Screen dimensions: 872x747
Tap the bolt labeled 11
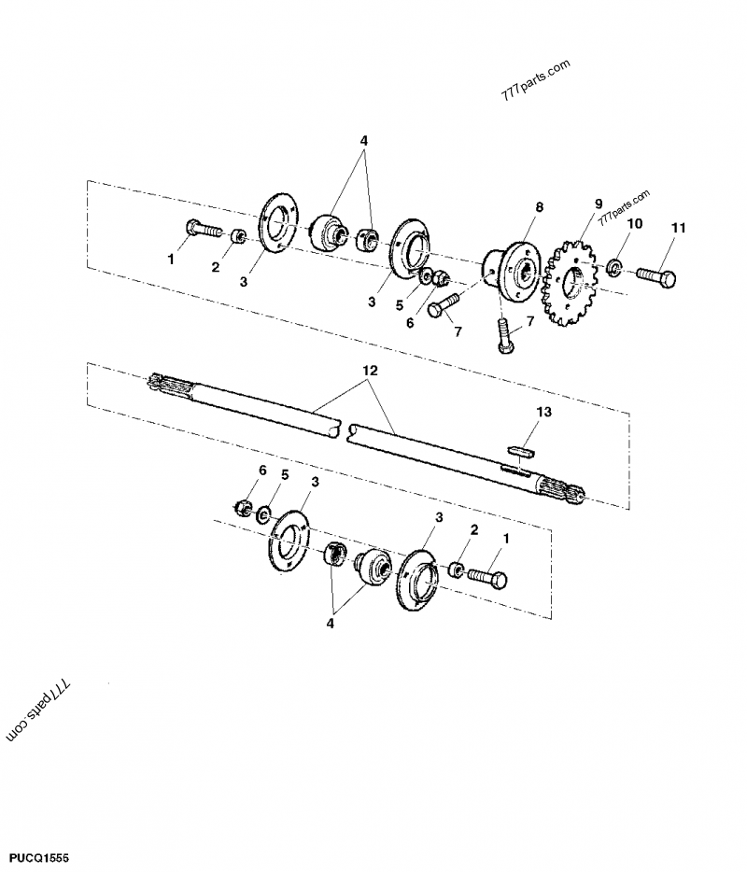(658, 275)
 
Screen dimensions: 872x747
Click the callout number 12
(370, 372)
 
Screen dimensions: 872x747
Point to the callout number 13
(544, 411)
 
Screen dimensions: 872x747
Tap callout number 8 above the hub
(539, 206)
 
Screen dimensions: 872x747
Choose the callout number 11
(678, 227)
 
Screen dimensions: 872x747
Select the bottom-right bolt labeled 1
(486, 578)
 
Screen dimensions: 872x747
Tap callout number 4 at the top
(363, 141)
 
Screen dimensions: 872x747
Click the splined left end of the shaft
(168, 386)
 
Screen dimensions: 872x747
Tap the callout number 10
(634, 224)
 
